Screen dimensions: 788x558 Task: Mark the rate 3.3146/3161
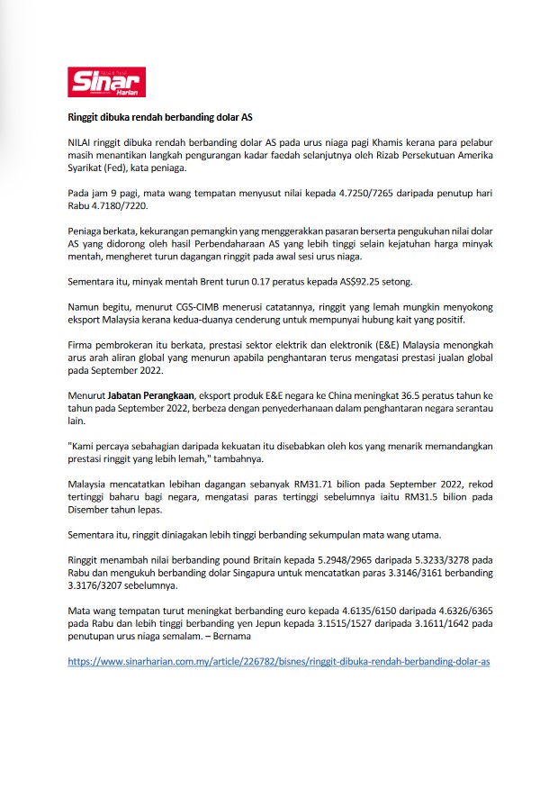(x=394, y=573)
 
